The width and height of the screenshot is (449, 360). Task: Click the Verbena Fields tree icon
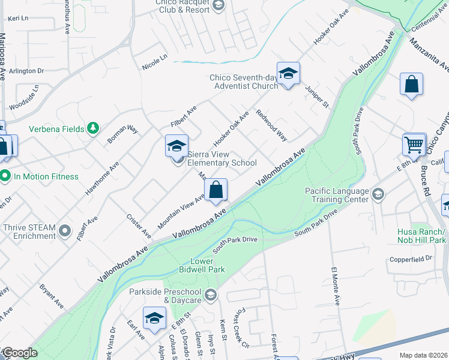92,128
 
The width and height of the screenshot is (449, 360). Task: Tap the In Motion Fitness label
46,176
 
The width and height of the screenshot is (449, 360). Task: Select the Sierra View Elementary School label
222,158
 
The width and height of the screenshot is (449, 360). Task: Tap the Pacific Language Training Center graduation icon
378,194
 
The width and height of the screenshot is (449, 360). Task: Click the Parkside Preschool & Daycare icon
211,295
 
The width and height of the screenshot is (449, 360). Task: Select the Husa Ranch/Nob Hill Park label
421,236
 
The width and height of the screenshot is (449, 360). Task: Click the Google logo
19,353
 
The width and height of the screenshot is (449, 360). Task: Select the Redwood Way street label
271,125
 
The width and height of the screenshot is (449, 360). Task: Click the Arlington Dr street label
28,71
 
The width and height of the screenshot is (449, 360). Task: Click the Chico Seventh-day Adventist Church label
243,82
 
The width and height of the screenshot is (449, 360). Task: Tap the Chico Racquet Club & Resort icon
218,5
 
